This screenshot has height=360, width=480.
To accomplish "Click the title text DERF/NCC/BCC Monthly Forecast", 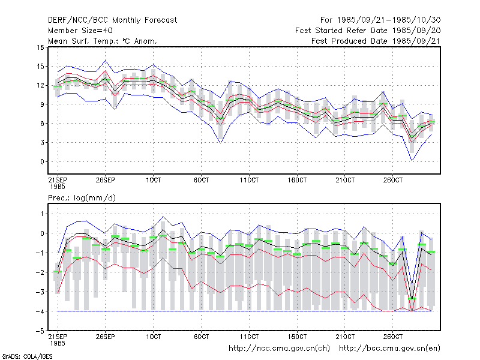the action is [x=112, y=20].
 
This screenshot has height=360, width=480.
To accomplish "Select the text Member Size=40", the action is [x=80, y=31].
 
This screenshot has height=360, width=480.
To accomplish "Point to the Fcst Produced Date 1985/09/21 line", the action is [x=376, y=41].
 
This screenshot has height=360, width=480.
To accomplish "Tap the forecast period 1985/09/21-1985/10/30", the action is [x=380, y=20].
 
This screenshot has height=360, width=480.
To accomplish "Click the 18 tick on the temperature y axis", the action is [x=40, y=47].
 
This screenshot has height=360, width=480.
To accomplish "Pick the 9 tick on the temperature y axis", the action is [x=42, y=104].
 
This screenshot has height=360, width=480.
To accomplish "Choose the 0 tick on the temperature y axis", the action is [x=42, y=161].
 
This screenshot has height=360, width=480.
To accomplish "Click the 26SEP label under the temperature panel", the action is [x=106, y=181].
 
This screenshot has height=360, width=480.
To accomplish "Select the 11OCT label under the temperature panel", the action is [x=249, y=181].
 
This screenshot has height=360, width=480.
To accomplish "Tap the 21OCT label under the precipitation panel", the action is [x=345, y=337].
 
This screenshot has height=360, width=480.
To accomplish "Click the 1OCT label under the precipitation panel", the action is [x=154, y=337].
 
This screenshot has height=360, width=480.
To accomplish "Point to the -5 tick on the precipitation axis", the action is [x=40, y=331].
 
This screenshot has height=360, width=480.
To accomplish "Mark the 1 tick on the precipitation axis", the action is [x=42, y=214].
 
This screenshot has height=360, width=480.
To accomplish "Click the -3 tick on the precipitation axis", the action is [x=40, y=292].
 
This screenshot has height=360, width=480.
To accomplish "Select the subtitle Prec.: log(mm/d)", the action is [x=82, y=198].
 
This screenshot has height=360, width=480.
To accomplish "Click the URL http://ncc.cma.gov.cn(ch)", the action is [x=279, y=349].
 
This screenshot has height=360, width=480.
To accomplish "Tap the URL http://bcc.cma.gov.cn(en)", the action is [x=389, y=349].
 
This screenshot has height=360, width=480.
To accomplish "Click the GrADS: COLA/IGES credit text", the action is [x=27, y=356].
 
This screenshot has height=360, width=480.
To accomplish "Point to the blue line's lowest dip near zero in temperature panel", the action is [x=412, y=160].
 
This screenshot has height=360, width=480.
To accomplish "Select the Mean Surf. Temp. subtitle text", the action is [x=103, y=41].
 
